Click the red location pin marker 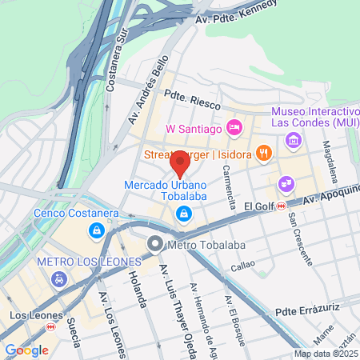pos(180,163)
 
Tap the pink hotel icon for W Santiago pos(234,127)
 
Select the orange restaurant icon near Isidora pos(265,153)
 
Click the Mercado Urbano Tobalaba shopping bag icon pos(184,214)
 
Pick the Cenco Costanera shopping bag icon pos(97,230)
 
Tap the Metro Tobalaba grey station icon pos(154,244)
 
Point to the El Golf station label pos(259,206)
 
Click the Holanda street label pos(137,288)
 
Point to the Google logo pos(26,350)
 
